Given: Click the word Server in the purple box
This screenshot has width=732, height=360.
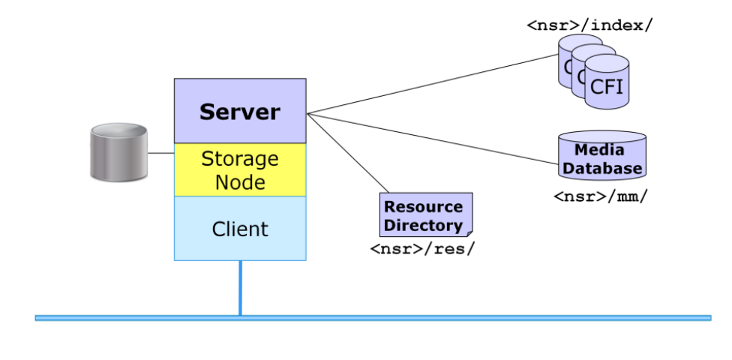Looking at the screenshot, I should click(239, 112).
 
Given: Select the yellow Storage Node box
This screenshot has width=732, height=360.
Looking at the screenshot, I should click(239, 169).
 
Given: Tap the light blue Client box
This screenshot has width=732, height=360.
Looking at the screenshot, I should click(239, 228).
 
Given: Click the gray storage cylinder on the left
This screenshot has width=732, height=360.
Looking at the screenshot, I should click(118, 153).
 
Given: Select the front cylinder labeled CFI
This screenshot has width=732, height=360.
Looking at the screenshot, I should click(607, 85).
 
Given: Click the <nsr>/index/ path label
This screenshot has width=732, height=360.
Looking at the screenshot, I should click(589, 25).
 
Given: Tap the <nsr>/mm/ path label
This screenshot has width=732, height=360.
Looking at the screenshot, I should click(600, 196).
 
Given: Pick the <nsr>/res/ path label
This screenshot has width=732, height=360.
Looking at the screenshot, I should click(422, 248).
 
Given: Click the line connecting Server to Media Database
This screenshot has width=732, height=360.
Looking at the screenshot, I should click(435, 138).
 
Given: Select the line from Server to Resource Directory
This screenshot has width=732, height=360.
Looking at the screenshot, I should click(349, 153).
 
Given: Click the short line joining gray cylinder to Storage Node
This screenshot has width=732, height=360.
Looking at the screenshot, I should click(160, 153).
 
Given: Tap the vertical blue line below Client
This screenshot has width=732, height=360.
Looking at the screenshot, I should click(240, 288).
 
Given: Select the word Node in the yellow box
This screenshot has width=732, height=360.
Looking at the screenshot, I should click(239, 181).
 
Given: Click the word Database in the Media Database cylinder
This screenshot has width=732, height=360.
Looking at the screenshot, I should click(602, 168).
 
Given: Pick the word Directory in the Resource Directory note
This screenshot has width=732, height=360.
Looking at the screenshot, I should click(424, 225).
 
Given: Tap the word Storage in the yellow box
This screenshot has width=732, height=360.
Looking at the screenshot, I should click(239, 159).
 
